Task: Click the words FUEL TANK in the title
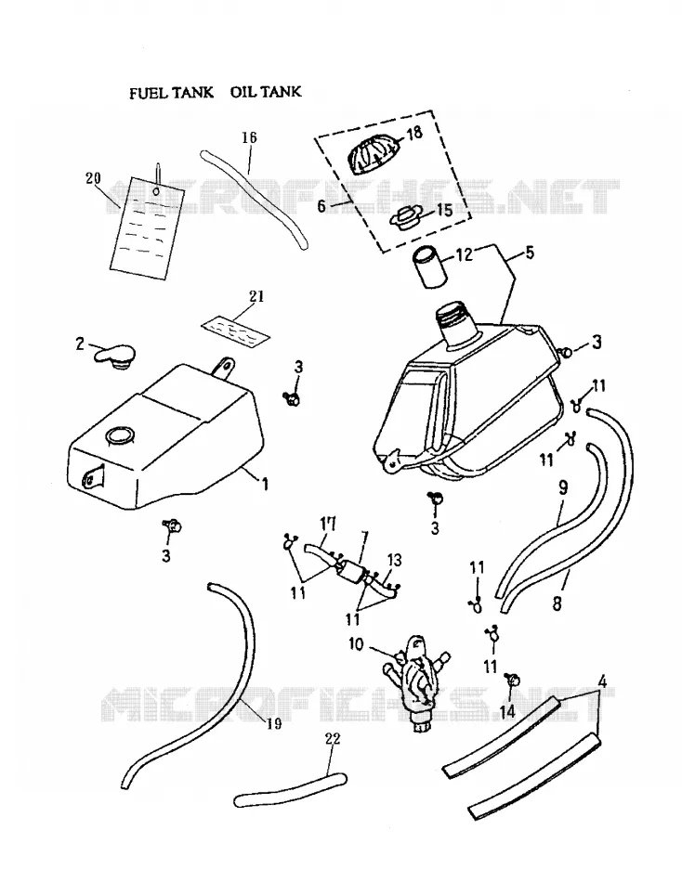tap(171, 93)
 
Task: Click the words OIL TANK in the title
tap(266, 92)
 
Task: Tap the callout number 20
tap(93, 179)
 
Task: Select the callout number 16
tap(250, 137)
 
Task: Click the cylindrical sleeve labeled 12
tap(430, 268)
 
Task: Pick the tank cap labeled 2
tap(115, 357)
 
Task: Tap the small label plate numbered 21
tap(236, 329)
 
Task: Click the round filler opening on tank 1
tap(119, 435)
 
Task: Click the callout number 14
tap(506, 711)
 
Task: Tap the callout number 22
tap(333, 739)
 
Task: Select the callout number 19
tap(274, 723)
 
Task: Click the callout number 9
tap(563, 487)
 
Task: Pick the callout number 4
tap(602, 682)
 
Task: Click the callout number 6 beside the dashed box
tap(321, 206)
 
